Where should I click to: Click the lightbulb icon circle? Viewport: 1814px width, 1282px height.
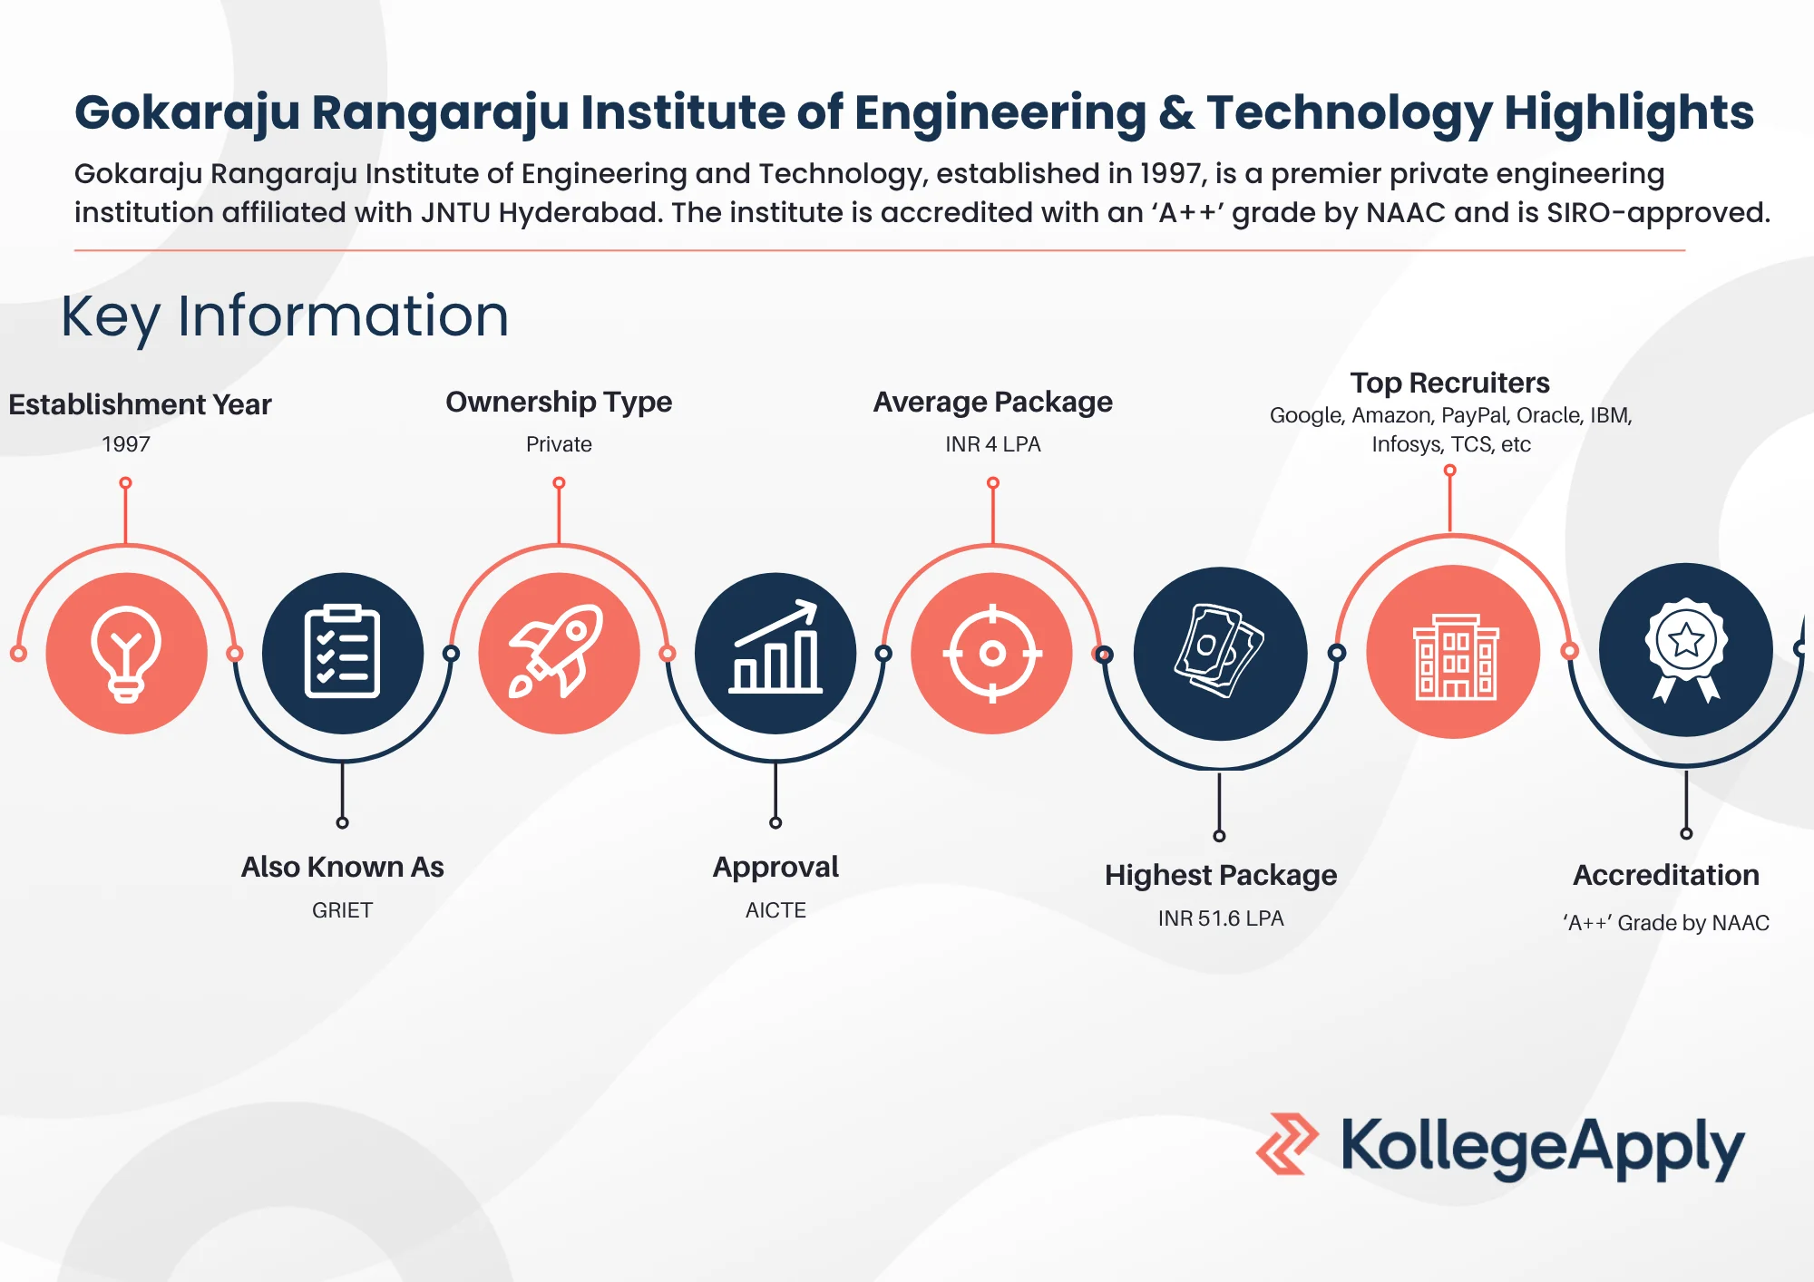coord(126,653)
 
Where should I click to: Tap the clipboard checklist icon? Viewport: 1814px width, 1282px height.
coord(342,653)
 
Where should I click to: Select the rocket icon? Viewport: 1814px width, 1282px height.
coord(559,653)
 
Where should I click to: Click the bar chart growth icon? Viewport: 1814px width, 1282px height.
coord(775,653)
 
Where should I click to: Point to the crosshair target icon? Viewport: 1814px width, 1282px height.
coord(992,653)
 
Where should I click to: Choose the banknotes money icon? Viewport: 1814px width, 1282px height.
coord(1220,653)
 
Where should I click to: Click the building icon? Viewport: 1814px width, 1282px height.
coord(1454,653)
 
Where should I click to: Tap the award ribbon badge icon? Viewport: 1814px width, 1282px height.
coord(1686,650)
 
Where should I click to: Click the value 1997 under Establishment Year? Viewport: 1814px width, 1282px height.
coord(126,444)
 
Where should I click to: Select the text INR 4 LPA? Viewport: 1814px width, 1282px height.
coord(992,444)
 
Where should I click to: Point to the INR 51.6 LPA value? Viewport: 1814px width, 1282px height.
coord(1220,918)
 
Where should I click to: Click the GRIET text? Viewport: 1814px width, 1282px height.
coord(342,910)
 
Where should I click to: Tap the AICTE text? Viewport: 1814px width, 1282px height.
coord(775,910)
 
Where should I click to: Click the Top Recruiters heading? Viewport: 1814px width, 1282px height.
coord(1449,383)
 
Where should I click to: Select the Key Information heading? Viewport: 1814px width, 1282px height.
coord(285,316)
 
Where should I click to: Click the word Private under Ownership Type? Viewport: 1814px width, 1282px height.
coord(559,444)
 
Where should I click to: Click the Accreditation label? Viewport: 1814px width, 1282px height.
coord(1666,875)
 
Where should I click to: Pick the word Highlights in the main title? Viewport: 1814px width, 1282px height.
coord(1629,112)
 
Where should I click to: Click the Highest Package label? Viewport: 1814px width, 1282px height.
coord(1220,875)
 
